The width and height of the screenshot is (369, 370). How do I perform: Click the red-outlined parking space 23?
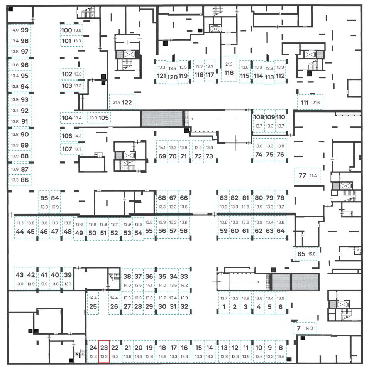(x=104, y=351)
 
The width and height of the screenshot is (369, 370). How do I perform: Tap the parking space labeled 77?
(x=308, y=176)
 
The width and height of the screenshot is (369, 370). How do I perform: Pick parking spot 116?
(x=229, y=69)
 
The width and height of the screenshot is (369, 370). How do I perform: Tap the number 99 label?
(x=26, y=30)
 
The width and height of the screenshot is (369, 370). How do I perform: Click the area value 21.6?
(x=317, y=103)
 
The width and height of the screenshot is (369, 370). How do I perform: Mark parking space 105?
(x=99, y=118)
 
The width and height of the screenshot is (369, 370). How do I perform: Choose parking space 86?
(x=20, y=180)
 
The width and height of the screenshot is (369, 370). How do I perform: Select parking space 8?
(x=281, y=351)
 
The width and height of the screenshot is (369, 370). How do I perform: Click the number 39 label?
(x=68, y=275)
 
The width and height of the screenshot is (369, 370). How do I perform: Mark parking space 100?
(x=71, y=30)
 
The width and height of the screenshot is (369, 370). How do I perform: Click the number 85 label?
(x=44, y=198)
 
